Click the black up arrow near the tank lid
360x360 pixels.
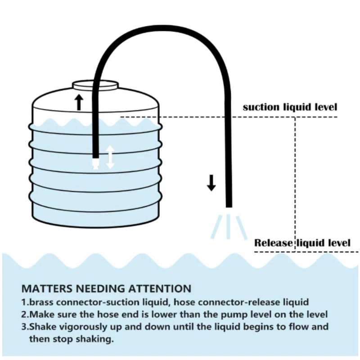[x=79, y=102]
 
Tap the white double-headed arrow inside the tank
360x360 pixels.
[x=110, y=157]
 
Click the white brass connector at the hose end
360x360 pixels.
[x=95, y=163]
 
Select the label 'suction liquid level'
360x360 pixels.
[x=290, y=107]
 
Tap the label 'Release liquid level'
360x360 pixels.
[x=302, y=243]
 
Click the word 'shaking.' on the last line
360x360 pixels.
[x=97, y=339]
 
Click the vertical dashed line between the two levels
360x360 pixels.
[x=296, y=180]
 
